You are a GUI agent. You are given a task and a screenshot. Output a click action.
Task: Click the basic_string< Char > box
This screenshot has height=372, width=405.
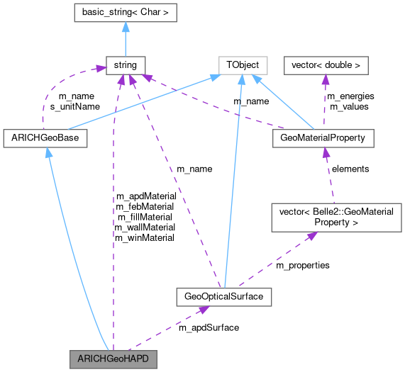(x=124, y=12)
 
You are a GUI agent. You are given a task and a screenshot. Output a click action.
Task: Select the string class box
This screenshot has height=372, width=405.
(x=124, y=66)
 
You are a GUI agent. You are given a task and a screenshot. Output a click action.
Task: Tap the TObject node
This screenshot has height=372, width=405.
(x=242, y=66)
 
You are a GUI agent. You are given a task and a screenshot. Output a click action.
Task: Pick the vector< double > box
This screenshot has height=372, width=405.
(x=326, y=66)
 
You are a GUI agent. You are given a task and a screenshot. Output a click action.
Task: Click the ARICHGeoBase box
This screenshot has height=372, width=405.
(x=45, y=138)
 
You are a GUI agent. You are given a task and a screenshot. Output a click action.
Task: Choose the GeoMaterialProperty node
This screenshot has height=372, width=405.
(x=323, y=138)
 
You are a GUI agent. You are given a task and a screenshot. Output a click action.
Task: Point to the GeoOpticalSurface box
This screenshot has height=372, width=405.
(x=224, y=297)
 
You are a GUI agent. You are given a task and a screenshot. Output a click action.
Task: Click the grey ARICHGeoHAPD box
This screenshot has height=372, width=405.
(x=112, y=359)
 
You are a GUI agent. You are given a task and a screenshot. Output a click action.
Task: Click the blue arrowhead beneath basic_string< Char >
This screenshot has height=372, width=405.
(x=124, y=26)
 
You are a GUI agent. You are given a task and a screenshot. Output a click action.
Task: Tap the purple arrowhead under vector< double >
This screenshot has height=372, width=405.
(x=326, y=80)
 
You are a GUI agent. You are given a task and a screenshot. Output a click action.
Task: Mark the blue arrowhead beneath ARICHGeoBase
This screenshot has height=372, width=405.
(x=48, y=153)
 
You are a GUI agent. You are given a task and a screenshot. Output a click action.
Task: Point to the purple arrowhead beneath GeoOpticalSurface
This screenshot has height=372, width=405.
(x=204, y=310)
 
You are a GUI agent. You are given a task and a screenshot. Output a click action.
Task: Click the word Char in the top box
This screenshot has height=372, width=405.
(x=154, y=12)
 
